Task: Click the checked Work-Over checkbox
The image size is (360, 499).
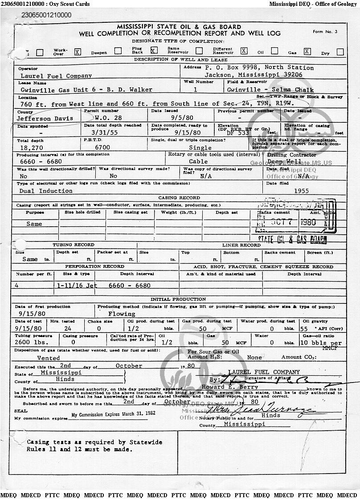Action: click(x=78, y=51)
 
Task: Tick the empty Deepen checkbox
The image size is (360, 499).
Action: click(x=118, y=51)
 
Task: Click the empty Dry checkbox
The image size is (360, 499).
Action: click(x=340, y=52)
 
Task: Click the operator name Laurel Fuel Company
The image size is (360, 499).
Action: click(x=56, y=75)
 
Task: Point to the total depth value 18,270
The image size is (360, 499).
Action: click(x=32, y=147)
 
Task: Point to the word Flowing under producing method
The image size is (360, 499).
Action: click(x=123, y=314)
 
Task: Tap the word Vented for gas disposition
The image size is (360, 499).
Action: click(x=49, y=358)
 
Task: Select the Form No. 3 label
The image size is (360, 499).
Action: click(x=325, y=32)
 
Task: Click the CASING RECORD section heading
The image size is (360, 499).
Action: click(x=179, y=198)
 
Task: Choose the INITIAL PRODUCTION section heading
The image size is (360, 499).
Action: click(x=178, y=299)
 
